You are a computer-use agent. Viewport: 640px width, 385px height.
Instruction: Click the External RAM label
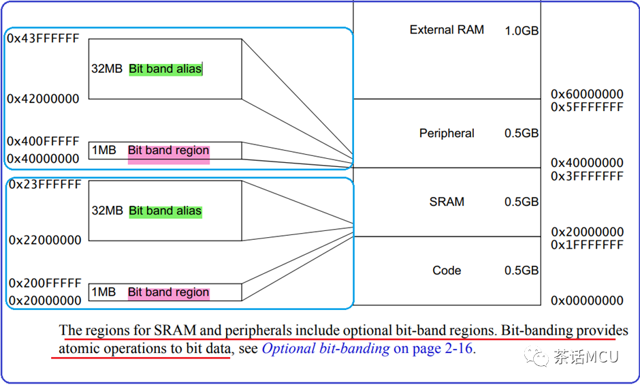point(447,30)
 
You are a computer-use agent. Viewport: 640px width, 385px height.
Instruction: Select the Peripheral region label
point(447,134)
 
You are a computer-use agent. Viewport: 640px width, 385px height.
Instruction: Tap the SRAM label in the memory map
point(447,202)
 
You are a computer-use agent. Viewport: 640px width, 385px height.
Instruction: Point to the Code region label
point(447,271)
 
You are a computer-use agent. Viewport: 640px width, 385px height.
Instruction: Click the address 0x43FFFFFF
point(43,38)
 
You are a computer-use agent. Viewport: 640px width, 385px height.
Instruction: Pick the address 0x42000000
point(43,99)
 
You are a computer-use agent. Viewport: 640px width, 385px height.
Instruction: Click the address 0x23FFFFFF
point(45,185)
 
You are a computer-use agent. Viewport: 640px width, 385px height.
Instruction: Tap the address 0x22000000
point(45,240)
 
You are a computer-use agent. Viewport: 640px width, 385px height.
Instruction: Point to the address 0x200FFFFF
point(45,283)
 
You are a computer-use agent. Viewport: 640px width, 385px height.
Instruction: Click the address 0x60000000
point(587,94)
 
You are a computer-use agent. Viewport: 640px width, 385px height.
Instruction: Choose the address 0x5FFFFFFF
point(587,107)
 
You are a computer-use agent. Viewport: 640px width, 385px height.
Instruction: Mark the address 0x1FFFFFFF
point(587,245)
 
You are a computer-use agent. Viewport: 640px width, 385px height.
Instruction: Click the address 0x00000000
point(587,301)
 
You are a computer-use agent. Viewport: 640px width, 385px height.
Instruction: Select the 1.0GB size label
point(522,31)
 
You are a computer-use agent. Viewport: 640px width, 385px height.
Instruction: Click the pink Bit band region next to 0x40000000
point(168,151)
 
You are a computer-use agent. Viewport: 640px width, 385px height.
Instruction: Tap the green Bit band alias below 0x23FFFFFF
point(165,211)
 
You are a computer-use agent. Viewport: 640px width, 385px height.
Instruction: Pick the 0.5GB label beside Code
point(522,271)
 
